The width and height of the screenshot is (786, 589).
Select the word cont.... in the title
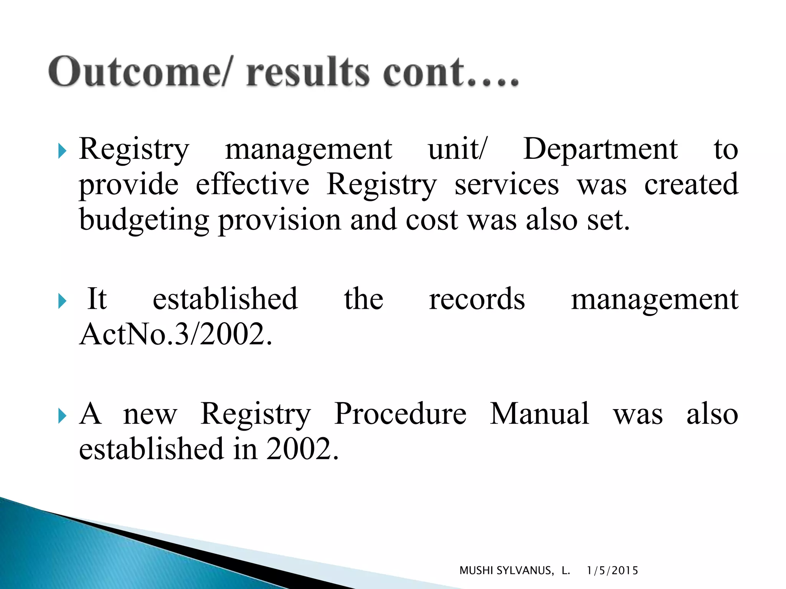point(451,72)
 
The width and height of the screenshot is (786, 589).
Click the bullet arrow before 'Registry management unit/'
point(62,151)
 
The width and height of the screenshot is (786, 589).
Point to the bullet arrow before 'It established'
point(62,301)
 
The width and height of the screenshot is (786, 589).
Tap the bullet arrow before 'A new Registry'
point(62,416)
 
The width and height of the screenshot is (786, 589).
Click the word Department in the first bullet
point(600,149)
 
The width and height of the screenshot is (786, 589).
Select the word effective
point(253,184)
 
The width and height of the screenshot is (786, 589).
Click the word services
point(507,184)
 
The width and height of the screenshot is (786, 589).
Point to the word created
point(691,184)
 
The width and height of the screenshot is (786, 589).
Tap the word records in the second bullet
point(477,299)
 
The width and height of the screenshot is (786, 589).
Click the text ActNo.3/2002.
point(175,334)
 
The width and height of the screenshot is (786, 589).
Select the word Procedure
point(400,414)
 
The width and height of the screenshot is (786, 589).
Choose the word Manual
point(539,414)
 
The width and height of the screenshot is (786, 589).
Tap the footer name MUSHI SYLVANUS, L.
point(514,571)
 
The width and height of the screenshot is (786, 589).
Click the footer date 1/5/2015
point(613,571)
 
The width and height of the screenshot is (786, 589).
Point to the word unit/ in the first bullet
point(457,149)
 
